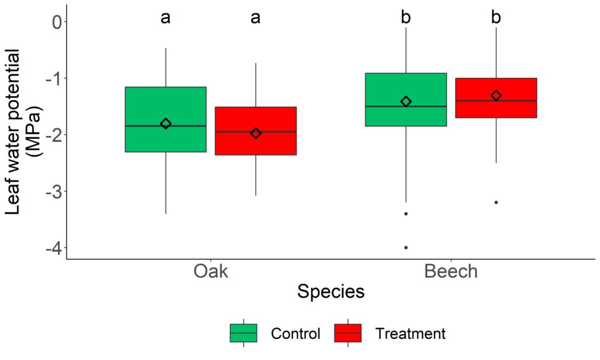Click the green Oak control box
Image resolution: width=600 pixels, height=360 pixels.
[166, 120]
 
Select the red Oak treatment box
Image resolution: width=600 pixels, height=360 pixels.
[256, 131]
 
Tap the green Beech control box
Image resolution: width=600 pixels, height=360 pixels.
[406, 100]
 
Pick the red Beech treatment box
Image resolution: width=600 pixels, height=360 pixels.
[496, 98]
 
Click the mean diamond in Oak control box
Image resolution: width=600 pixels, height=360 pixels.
[166, 123]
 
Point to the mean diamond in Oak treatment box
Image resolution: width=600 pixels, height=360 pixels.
[256, 133]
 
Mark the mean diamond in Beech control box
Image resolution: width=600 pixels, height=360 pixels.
[406, 101]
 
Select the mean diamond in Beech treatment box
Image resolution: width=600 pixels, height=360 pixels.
[496, 96]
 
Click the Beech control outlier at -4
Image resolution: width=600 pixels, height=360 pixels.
[406, 248]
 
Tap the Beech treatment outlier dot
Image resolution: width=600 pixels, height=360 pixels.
[496, 202]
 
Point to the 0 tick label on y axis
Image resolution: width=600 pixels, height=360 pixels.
[57, 22]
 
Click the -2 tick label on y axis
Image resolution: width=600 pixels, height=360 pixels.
[54, 135]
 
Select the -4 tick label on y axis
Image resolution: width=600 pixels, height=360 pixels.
[54, 248]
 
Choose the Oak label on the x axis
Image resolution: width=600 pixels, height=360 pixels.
[211, 271]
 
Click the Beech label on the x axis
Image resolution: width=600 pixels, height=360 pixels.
[451, 271]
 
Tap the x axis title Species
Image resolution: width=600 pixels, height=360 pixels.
[331, 292]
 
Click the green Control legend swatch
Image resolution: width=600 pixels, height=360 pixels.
[243, 333]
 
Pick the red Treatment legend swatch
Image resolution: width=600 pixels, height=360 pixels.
[348, 333]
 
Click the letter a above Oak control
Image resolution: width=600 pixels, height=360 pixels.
[166, 18]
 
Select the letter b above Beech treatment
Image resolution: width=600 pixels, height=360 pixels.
[496, 17]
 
